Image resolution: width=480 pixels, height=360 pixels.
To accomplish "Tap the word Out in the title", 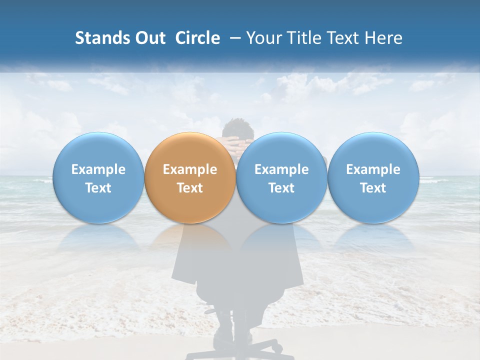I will (x=149, y=38).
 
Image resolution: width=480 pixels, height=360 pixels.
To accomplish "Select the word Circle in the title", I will (x=197, y=38).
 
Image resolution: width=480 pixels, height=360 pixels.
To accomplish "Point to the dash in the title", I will (x=233, y=38).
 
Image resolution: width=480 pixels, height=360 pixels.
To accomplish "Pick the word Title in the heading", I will (x=303, y=38).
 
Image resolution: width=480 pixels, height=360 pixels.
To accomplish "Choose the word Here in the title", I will (x=384, y=38).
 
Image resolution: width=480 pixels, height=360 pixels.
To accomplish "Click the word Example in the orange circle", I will (x=190, y=169).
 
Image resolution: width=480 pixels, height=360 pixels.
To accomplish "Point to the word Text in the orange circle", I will (x=190, y=188).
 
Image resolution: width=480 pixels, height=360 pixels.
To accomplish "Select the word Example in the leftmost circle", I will (x=98, y=169).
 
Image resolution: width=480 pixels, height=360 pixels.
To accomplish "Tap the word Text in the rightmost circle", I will (x=373, y=188).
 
